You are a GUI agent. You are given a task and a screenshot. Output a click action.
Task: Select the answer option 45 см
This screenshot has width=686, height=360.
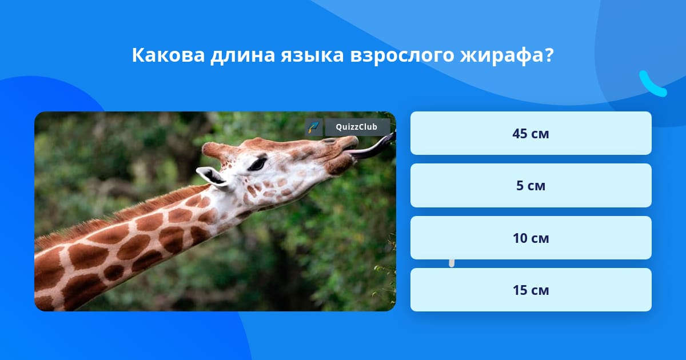[531, 133]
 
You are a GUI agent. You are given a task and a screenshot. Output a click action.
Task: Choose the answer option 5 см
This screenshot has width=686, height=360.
[531, 186]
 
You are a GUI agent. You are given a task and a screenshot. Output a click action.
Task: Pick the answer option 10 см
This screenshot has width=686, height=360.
[531, 238]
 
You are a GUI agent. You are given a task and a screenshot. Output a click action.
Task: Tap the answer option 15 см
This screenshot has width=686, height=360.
[531, 290]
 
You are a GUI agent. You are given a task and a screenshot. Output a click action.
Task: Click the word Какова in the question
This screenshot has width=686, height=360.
[168, 55]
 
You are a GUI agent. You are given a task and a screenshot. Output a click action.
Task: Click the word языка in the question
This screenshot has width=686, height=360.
[312, 55]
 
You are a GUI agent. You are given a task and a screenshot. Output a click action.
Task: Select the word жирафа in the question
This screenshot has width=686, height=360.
[502, 56]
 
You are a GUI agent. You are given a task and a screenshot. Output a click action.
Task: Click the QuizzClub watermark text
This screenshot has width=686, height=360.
[357, 127]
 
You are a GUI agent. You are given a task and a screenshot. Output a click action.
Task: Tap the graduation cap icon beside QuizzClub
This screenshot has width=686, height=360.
[314, 127]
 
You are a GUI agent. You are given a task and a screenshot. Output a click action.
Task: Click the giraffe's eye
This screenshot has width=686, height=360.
[257, 165]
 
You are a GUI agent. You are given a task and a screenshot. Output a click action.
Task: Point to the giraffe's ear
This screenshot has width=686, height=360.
[212, 177]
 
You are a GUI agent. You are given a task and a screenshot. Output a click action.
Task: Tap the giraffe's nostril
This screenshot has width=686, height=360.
[329, 141]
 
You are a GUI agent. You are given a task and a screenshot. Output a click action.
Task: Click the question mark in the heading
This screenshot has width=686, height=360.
[549, 55]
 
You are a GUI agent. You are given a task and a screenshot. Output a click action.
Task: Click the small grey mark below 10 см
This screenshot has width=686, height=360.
[452, 263]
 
